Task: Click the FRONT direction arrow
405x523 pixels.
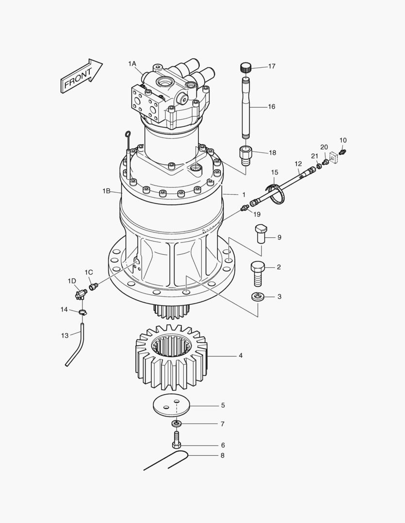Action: click(81, 76)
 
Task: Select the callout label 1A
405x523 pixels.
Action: click(132, 64)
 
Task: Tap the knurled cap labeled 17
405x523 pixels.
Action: click(246, 67)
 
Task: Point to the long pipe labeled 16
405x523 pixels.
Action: click(246, 107)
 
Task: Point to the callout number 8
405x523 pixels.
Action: click(222, 456)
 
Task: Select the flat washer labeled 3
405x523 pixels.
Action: click(258, 296)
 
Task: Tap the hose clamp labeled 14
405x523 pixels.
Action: click(82, 312)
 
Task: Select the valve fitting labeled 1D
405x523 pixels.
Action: click(80, 293)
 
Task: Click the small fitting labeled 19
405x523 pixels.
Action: click(244, 208)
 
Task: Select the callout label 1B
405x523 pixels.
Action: click(107, 191)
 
